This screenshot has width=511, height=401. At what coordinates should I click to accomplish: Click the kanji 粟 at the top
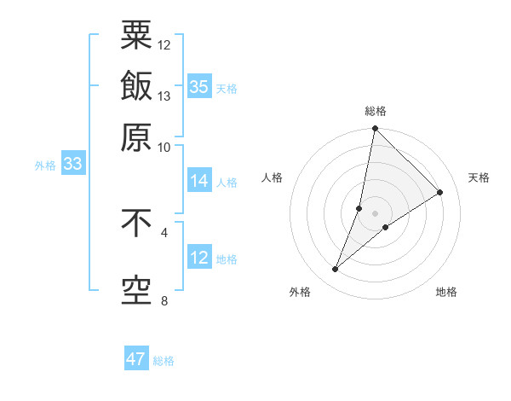(x=136, y=36)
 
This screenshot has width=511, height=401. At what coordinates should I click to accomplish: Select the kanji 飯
(x=136, y=86)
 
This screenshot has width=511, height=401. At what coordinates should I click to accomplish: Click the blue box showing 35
(x=198, y=86)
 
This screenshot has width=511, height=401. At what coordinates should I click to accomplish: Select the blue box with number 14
(x=198, y=181)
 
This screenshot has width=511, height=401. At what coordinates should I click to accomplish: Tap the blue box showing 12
(x=198, y=258)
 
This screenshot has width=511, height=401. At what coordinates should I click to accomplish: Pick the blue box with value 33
(x=72, y=165)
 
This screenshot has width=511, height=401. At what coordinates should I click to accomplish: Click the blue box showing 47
(x=136, y=359)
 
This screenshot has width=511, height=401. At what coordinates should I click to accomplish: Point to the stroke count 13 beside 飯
(x=164, y=96)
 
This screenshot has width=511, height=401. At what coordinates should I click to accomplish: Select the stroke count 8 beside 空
(x=164, y=300)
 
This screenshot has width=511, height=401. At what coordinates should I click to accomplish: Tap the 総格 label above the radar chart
(x=375, y=111)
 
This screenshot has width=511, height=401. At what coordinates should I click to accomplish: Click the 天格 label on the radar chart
(x=479, y=177)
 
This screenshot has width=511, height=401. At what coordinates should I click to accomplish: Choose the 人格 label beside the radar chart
(x=273, y=177)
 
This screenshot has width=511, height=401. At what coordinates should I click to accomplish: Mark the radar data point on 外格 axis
(x=335, y=270)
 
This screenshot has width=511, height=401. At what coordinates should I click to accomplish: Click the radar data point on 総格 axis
(x=375, y=128)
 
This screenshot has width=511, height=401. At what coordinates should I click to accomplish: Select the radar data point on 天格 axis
(x=440, y=192)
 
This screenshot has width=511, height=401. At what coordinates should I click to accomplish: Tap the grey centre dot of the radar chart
(x=375, y=213)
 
